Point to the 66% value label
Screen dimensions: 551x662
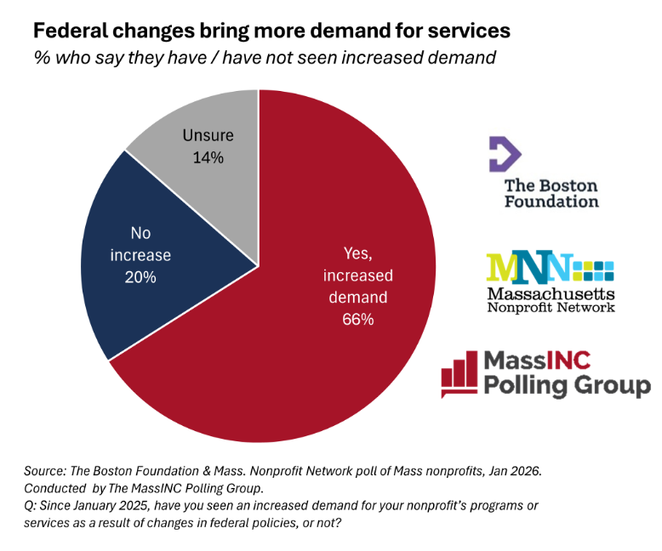coord(358,320)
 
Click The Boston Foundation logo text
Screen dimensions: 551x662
coord(551,194)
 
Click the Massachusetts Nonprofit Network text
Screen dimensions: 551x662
coord(550,299)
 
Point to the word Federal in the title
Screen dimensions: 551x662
coord(69,31)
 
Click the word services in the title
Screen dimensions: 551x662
coord(471,31)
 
